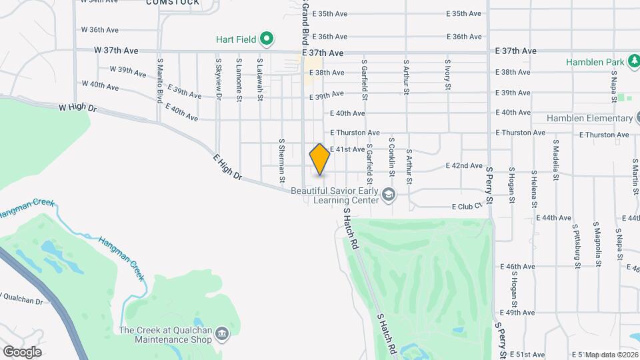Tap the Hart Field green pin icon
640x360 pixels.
pos(267,39)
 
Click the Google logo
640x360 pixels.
pos(22,351)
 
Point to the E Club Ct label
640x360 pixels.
pos(467,207)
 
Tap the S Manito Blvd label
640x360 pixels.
pos(160,80)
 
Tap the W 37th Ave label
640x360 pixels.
pos(116,50)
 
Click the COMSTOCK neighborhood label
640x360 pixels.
pos(173,3)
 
